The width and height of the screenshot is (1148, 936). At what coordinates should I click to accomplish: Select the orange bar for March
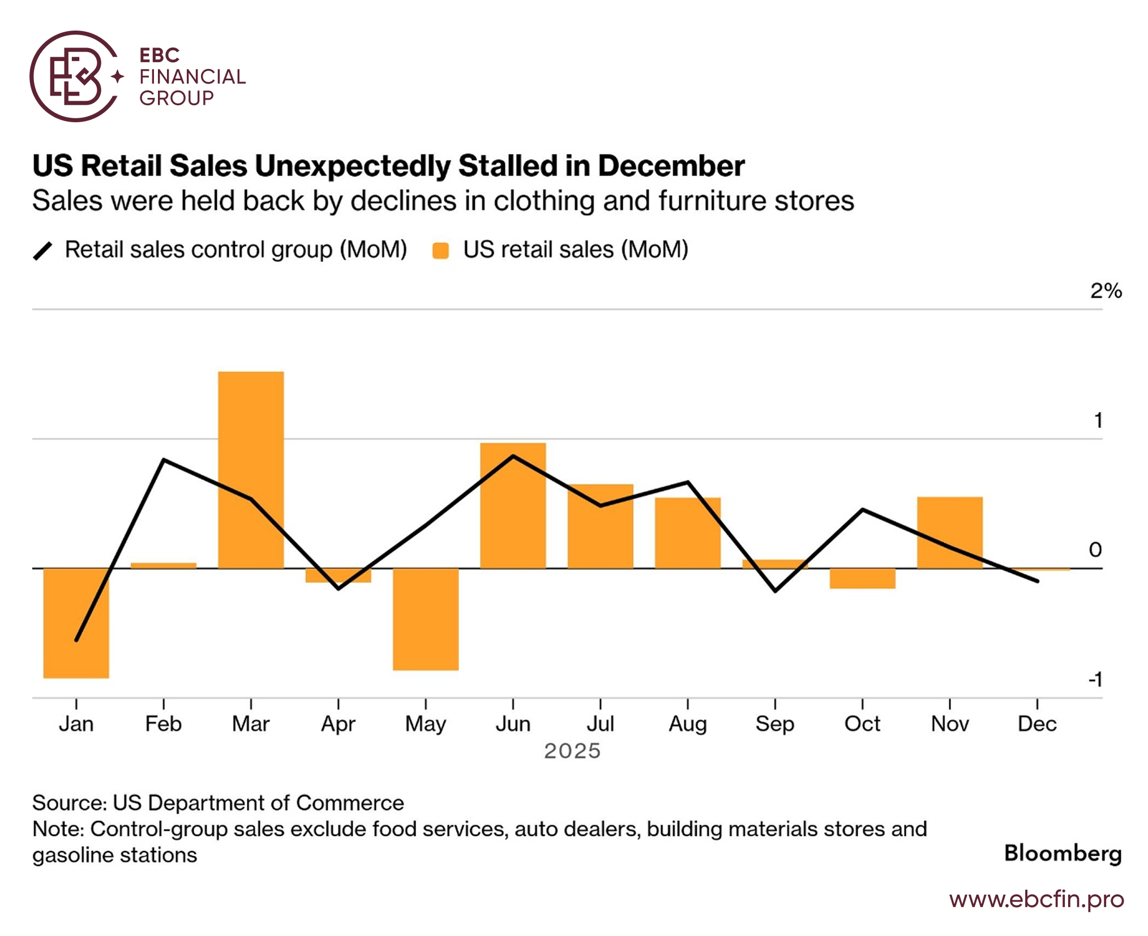pyautogui.click(x=251, y=470)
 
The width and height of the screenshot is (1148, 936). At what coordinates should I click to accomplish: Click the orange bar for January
pyautogui.click(x=76, y=622)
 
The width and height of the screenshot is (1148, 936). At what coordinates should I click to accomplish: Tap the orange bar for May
pyautogui.click(x=426, y=619)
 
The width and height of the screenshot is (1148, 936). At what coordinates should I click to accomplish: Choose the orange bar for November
pyautogui.click(x=950, y=532)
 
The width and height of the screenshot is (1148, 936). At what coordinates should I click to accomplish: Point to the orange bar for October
pyautogui.click(x=862, y=578)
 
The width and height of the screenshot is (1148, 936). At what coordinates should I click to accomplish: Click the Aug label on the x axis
pyautogui.click(x=688, y=724)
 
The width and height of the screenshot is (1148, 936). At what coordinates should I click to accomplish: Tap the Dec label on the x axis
pyautogui.click(x=1037, y=724)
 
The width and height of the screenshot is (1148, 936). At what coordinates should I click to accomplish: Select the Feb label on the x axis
pyautogui.click(x=163, y=724)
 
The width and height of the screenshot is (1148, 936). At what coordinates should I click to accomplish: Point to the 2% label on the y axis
pyautogui.click(x=1106, y=291)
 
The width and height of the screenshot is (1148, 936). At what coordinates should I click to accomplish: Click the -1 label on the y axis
pyautogui.click(x=1095, y=679)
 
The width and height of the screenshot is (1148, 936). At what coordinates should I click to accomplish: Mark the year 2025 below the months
pyautogui.click(x=572, y=751)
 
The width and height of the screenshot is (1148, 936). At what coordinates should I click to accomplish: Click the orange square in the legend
pyautogui.click(x=440, y=250)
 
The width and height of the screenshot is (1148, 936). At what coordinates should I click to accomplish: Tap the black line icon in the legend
pyautogui.click(x=43, y=250)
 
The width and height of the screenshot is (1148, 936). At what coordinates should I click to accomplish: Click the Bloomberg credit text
pyautogui.click(x=1063, y=853)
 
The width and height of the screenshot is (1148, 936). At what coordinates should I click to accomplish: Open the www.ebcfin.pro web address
pyautogui.click(x=1036, y=899)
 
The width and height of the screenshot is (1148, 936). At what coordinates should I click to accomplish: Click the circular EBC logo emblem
pyautogui.click(x=75, y=76)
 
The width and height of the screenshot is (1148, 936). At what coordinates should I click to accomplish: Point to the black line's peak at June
pyautogui.click(x=513, y=456)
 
